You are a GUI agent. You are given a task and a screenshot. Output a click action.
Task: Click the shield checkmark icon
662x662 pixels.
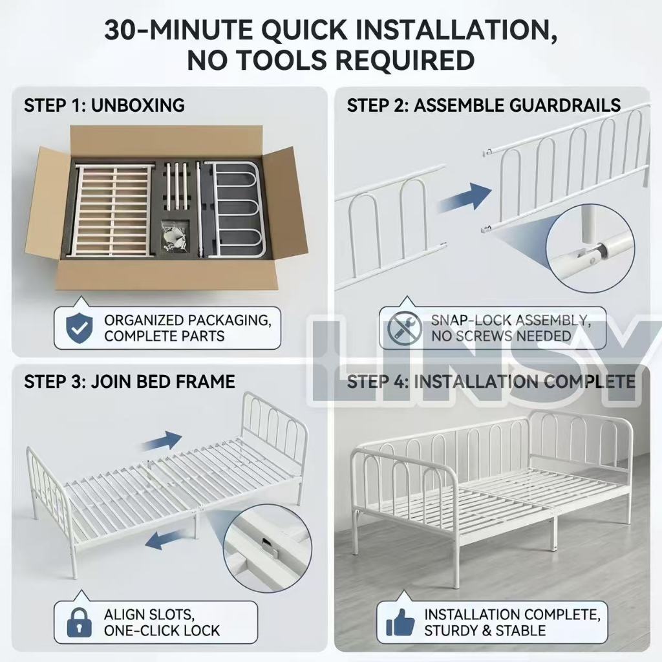coord(80,328)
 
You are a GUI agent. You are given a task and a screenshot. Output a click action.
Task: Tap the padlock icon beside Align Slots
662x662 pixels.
coord(80,623)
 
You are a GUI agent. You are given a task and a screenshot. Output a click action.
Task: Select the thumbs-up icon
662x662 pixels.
coord(400,623)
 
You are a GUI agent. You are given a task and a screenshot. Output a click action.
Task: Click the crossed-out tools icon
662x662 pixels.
coord(404,328)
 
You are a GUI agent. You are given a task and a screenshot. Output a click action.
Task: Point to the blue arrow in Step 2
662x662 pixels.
coord(465,197)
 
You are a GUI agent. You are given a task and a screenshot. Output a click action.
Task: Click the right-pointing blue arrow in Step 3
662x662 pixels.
coord(162,441)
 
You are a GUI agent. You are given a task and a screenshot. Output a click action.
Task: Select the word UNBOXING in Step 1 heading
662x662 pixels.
coord(138,105)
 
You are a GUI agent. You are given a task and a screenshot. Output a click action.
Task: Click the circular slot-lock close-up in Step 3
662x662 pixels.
coord(267,550)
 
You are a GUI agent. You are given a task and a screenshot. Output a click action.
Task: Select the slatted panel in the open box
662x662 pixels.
coord(113,210)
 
